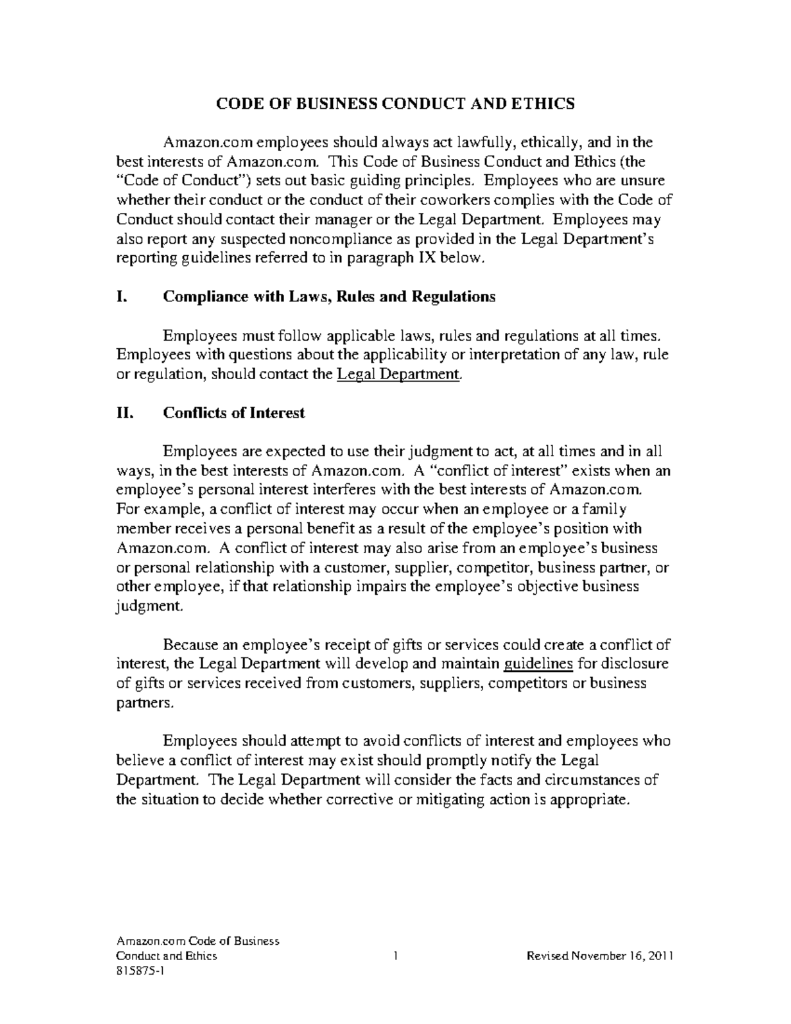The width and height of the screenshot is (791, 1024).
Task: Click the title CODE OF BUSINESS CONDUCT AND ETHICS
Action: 395,104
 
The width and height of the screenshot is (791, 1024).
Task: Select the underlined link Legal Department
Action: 397,375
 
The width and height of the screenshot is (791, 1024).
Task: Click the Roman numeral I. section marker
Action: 121,297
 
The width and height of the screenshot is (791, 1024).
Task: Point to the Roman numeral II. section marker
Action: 125,413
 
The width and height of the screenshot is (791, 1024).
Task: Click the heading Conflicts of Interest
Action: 233,413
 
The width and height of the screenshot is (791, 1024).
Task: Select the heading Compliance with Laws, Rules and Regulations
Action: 328,297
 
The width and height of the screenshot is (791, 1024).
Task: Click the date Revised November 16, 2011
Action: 599,956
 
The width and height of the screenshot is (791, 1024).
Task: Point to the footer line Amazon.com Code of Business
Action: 198,941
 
